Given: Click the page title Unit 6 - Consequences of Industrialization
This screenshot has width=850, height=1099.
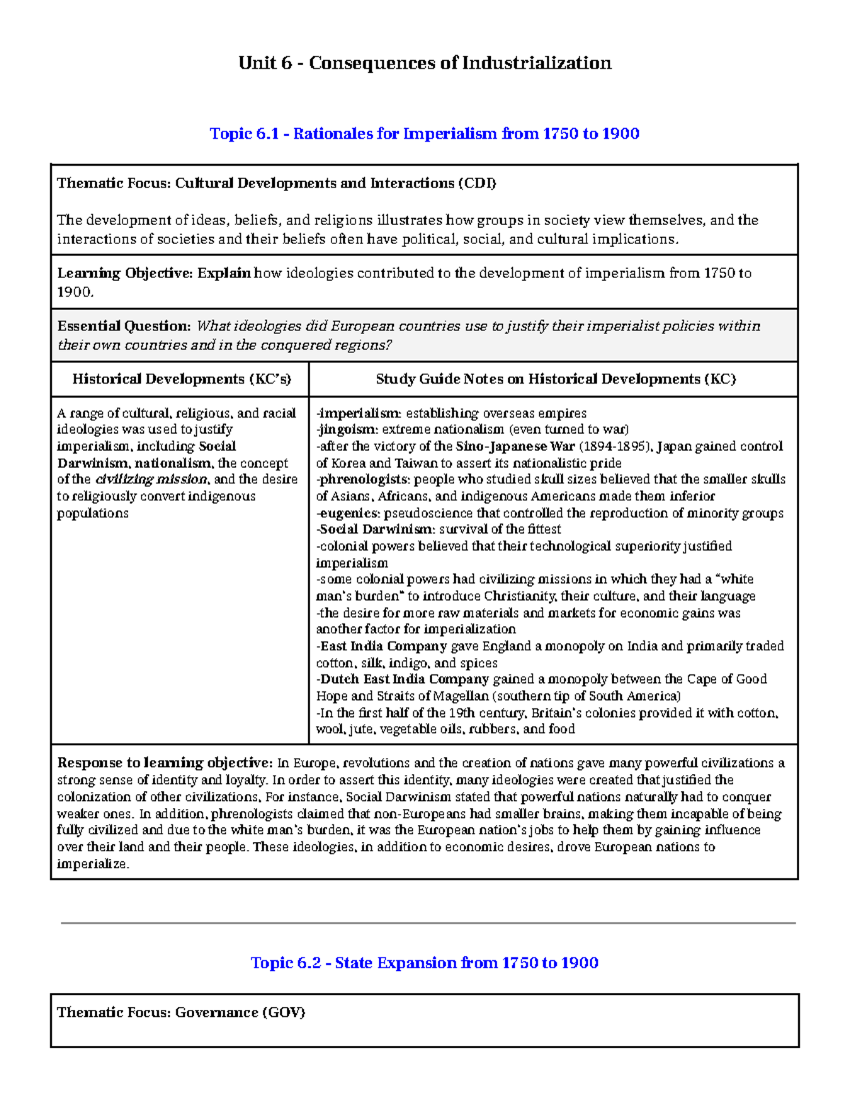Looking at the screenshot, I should point(424,63).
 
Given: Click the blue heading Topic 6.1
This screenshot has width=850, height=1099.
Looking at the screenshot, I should point(424,134).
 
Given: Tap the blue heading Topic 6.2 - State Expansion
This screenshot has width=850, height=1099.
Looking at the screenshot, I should point(424,962).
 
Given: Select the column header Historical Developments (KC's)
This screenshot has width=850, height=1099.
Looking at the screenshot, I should point(181,379).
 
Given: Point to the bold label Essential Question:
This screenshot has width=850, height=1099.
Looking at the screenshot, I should point(124,326).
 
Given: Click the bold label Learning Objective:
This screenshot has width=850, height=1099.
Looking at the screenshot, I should point(125,273).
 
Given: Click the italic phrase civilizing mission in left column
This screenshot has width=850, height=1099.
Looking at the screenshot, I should point(151,479).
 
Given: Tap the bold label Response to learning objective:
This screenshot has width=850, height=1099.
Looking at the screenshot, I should point(164,763).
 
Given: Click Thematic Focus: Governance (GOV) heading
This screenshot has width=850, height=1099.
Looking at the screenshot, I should point(181,1013).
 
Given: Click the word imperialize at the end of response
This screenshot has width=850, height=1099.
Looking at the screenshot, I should point(92,864).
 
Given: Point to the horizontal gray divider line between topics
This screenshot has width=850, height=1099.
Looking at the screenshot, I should point(428,923).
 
